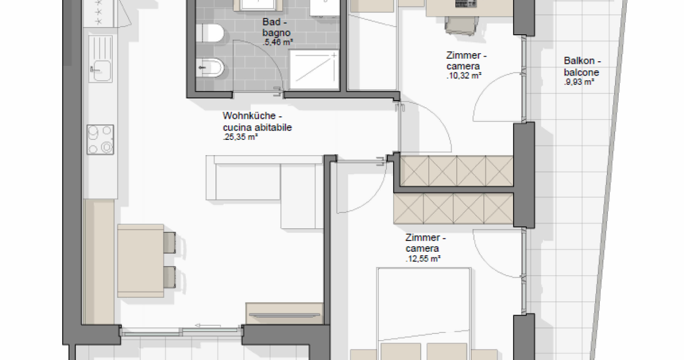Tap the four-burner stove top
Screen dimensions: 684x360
click(x=100, y=139)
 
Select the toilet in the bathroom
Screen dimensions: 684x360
click(x=210, y=33)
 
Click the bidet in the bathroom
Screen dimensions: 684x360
click(x=210, y=67)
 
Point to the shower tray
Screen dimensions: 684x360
click(x=314, y=70)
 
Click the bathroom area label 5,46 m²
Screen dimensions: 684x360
click(x=278, y=42)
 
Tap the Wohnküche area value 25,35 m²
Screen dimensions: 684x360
click(x=240, y=137)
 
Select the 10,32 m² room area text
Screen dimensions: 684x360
click(x=464, y=76)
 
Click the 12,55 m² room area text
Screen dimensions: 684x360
click(x=423, y=259)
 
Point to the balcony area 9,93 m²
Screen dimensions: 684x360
click(x=579, y=82)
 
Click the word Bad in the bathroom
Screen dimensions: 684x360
click(x=271, y=22)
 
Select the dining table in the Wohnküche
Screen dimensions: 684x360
click(x=140, y=260)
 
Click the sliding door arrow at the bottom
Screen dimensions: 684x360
click(x=208, y=325)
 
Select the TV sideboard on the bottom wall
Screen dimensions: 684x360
click(x=284, y=314)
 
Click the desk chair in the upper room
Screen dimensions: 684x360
click(x=461, y=25)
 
